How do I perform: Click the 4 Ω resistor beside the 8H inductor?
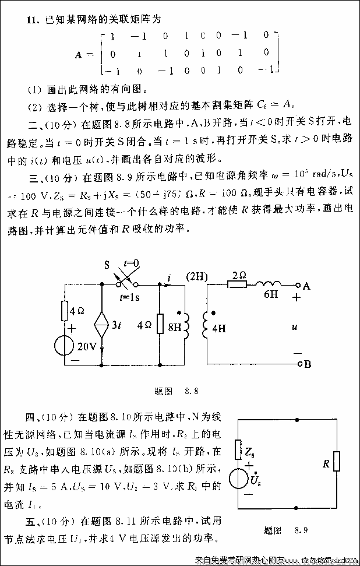[159, 324]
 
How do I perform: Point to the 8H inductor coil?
[186, 326]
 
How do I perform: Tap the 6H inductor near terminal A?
[269, 284]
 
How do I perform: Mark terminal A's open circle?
[299, 285]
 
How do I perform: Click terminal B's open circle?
[299, 365]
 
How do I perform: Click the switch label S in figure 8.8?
[107, 265]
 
